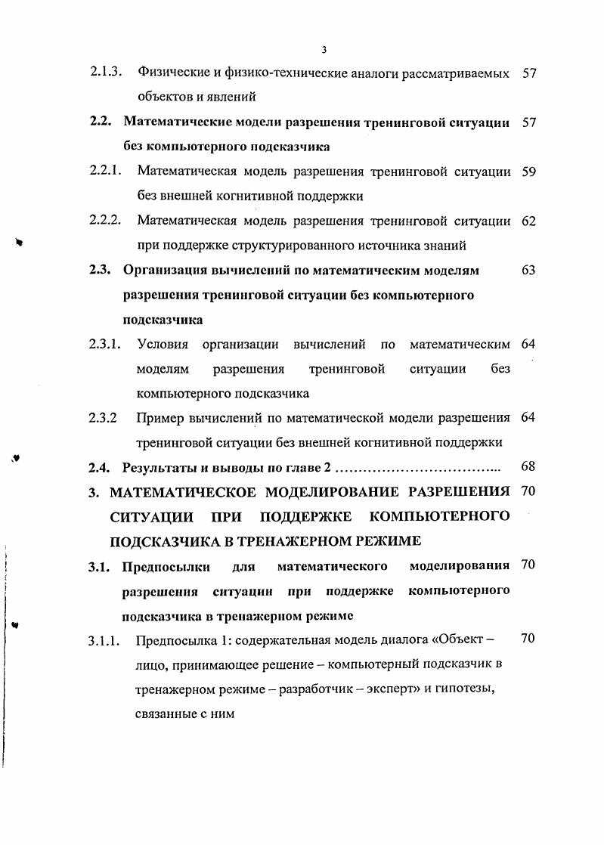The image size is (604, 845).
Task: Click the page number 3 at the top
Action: click(323, 50)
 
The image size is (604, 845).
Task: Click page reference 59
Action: click(528, 171)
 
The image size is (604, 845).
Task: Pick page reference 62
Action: click(528, 221)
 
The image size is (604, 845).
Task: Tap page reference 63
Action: click(528, 270)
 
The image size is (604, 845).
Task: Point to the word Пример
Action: click(160, 417)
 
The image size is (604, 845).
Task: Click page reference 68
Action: click(528, 467)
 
